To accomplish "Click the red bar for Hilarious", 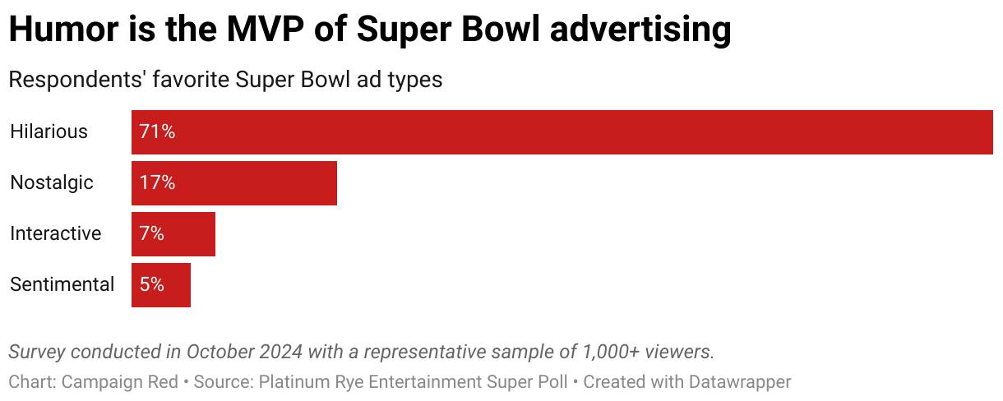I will (x=562, y=132).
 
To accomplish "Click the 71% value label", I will (x=157, y=132).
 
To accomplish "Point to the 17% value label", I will (x=157, y=183).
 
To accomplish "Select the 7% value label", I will (x=152, y=234).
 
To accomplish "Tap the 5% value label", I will (x=152, y=285).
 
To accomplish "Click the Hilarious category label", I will (x=49, y=132).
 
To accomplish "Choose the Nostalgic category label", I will (x=52, y=183).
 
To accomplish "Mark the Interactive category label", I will (x=56, y=234).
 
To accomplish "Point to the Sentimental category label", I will (x=62, y=285).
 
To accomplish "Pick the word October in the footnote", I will (x=220, y=352).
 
